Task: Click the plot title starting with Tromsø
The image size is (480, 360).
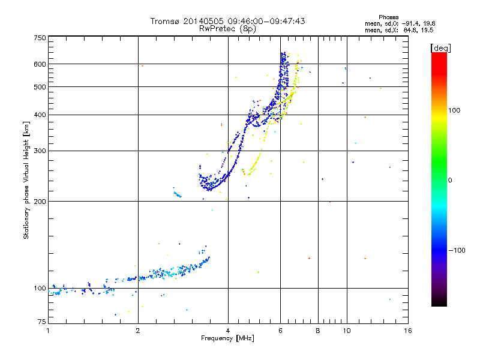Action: tap(227, 21)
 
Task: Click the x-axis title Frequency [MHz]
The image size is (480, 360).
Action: tap(227, 338)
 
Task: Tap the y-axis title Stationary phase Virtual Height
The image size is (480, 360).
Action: tap(26, 180)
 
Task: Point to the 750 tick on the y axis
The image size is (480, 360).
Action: tap(40, 38)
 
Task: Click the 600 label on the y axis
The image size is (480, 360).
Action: tap(40, 64)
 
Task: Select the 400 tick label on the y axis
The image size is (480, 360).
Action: tap(40, 115)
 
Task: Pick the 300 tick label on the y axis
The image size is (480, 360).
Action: tap(40, 151)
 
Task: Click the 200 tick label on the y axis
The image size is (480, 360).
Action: tap(40, 201)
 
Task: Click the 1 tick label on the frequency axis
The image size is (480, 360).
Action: tap(48, 331)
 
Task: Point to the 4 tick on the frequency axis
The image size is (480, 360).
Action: tap(228, 331)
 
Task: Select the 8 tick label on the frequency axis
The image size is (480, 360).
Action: tap(318, 331)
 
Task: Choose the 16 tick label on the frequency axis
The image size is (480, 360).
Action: tap(407, 331)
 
